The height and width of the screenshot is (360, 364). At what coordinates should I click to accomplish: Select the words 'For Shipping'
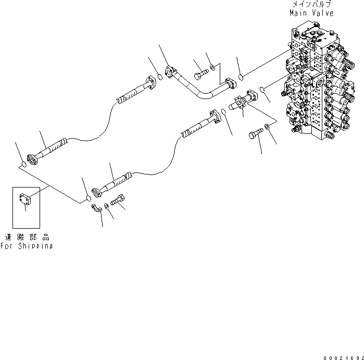click(27, 246)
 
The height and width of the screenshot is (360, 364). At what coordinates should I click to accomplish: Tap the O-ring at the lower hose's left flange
click(89, 198)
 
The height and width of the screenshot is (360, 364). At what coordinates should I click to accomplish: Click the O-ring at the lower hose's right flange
click(223, 111)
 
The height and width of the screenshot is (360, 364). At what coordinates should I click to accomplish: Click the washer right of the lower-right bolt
click(267, 127)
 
